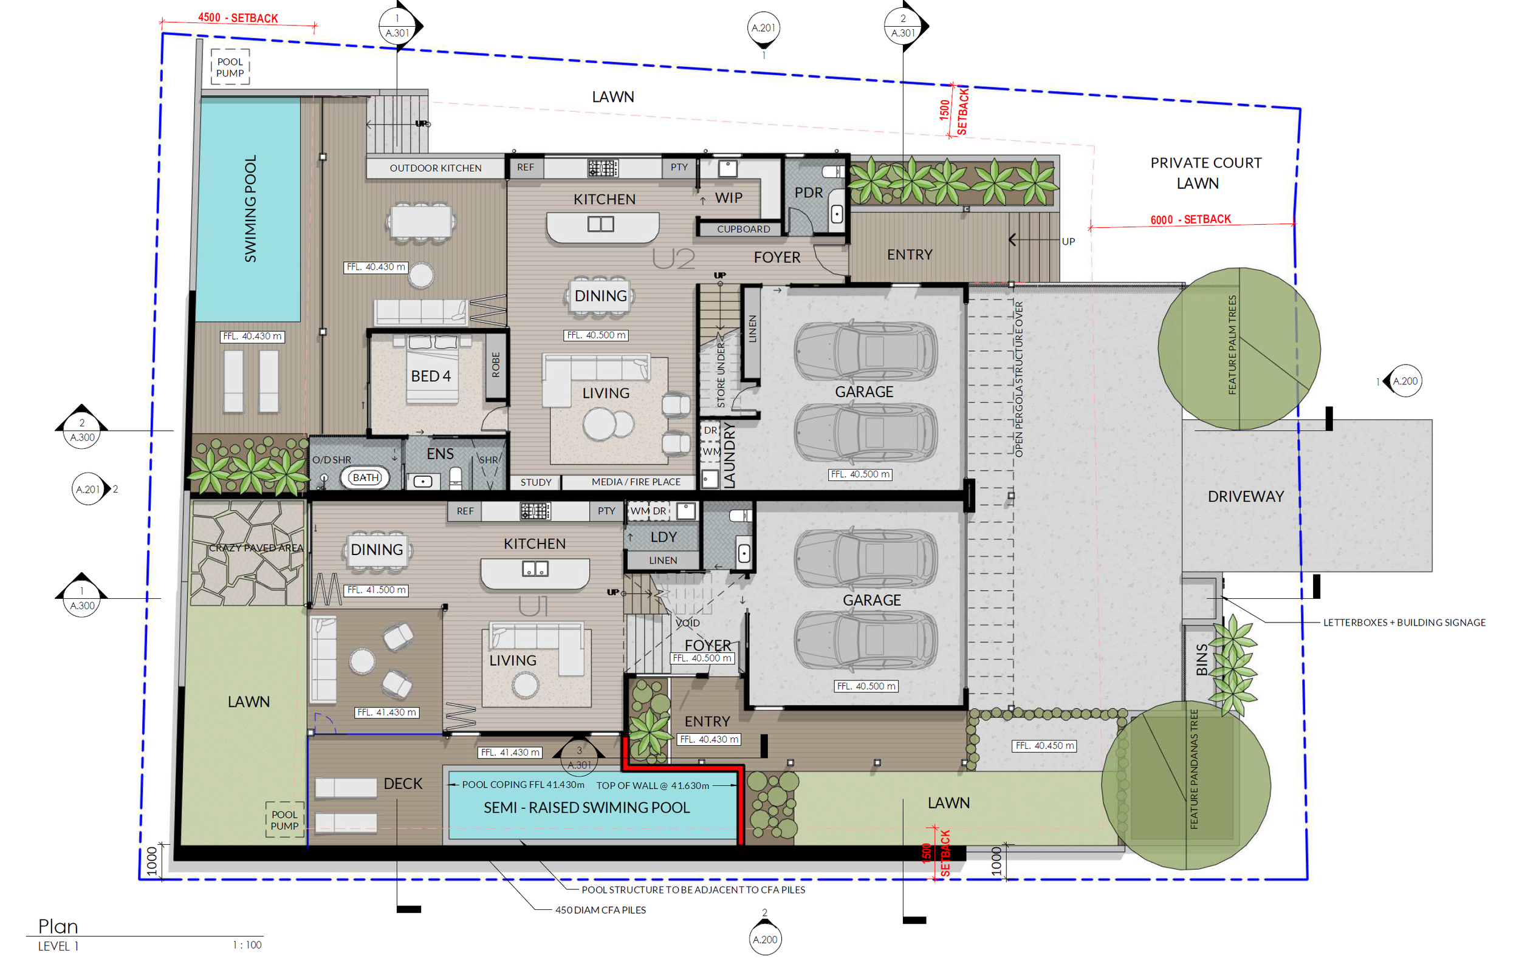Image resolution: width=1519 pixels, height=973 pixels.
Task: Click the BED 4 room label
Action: (430, 377)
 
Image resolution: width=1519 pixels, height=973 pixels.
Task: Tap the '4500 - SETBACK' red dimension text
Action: (238, 18)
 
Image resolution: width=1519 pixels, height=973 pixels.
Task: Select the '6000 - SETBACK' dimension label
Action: (1190, 219)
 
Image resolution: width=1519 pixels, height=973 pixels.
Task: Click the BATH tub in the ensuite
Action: (365, 477)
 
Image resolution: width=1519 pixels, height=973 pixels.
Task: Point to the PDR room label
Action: (808, 193)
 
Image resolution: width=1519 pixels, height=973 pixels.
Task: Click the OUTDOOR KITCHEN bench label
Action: (436, 168)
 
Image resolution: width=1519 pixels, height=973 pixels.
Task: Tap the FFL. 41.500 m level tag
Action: (377, 590)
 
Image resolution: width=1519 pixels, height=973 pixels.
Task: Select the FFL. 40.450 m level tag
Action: (1044, 746)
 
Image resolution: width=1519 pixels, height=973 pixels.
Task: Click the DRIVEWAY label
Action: (1246, 497)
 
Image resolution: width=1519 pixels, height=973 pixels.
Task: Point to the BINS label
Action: (1201, 659)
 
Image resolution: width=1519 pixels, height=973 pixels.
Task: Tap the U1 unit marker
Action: (533, 607)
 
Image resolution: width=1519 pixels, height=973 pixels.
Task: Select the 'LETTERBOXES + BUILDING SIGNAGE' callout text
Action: (1404, 623)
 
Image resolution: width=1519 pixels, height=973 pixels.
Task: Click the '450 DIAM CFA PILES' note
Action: (600, 910)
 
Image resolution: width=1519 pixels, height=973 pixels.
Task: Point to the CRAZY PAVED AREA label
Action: (256, 548)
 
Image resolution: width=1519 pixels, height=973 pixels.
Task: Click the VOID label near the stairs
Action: (687, 623)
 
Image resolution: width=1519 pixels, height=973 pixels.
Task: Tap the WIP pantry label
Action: (729, 198)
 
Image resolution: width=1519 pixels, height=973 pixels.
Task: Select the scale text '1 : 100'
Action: (247, 944)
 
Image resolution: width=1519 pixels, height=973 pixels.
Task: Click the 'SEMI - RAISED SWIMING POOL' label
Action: (586, 807)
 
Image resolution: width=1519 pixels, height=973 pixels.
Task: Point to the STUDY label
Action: (536, 482)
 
